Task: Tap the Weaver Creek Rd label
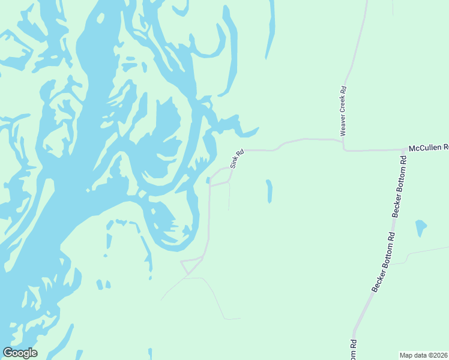tap(343, 110)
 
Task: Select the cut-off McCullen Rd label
tap(429, 147)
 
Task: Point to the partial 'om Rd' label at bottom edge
tap(354, 350)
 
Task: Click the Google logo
tap(20, 353)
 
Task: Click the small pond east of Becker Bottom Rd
tap(421, 227)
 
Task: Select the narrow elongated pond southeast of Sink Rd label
tap(268, 191)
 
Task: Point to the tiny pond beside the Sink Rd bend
tap(208, 180)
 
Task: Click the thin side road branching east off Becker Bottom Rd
tap(426, 250)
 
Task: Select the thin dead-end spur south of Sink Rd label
tap(229, 198)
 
